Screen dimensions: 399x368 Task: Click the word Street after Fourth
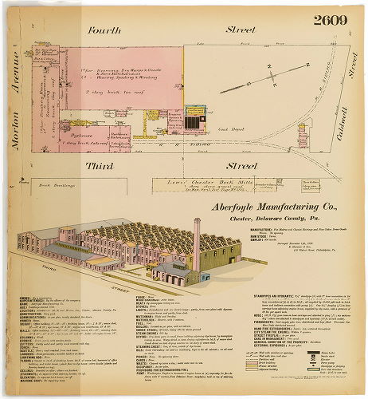coord(239,30)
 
